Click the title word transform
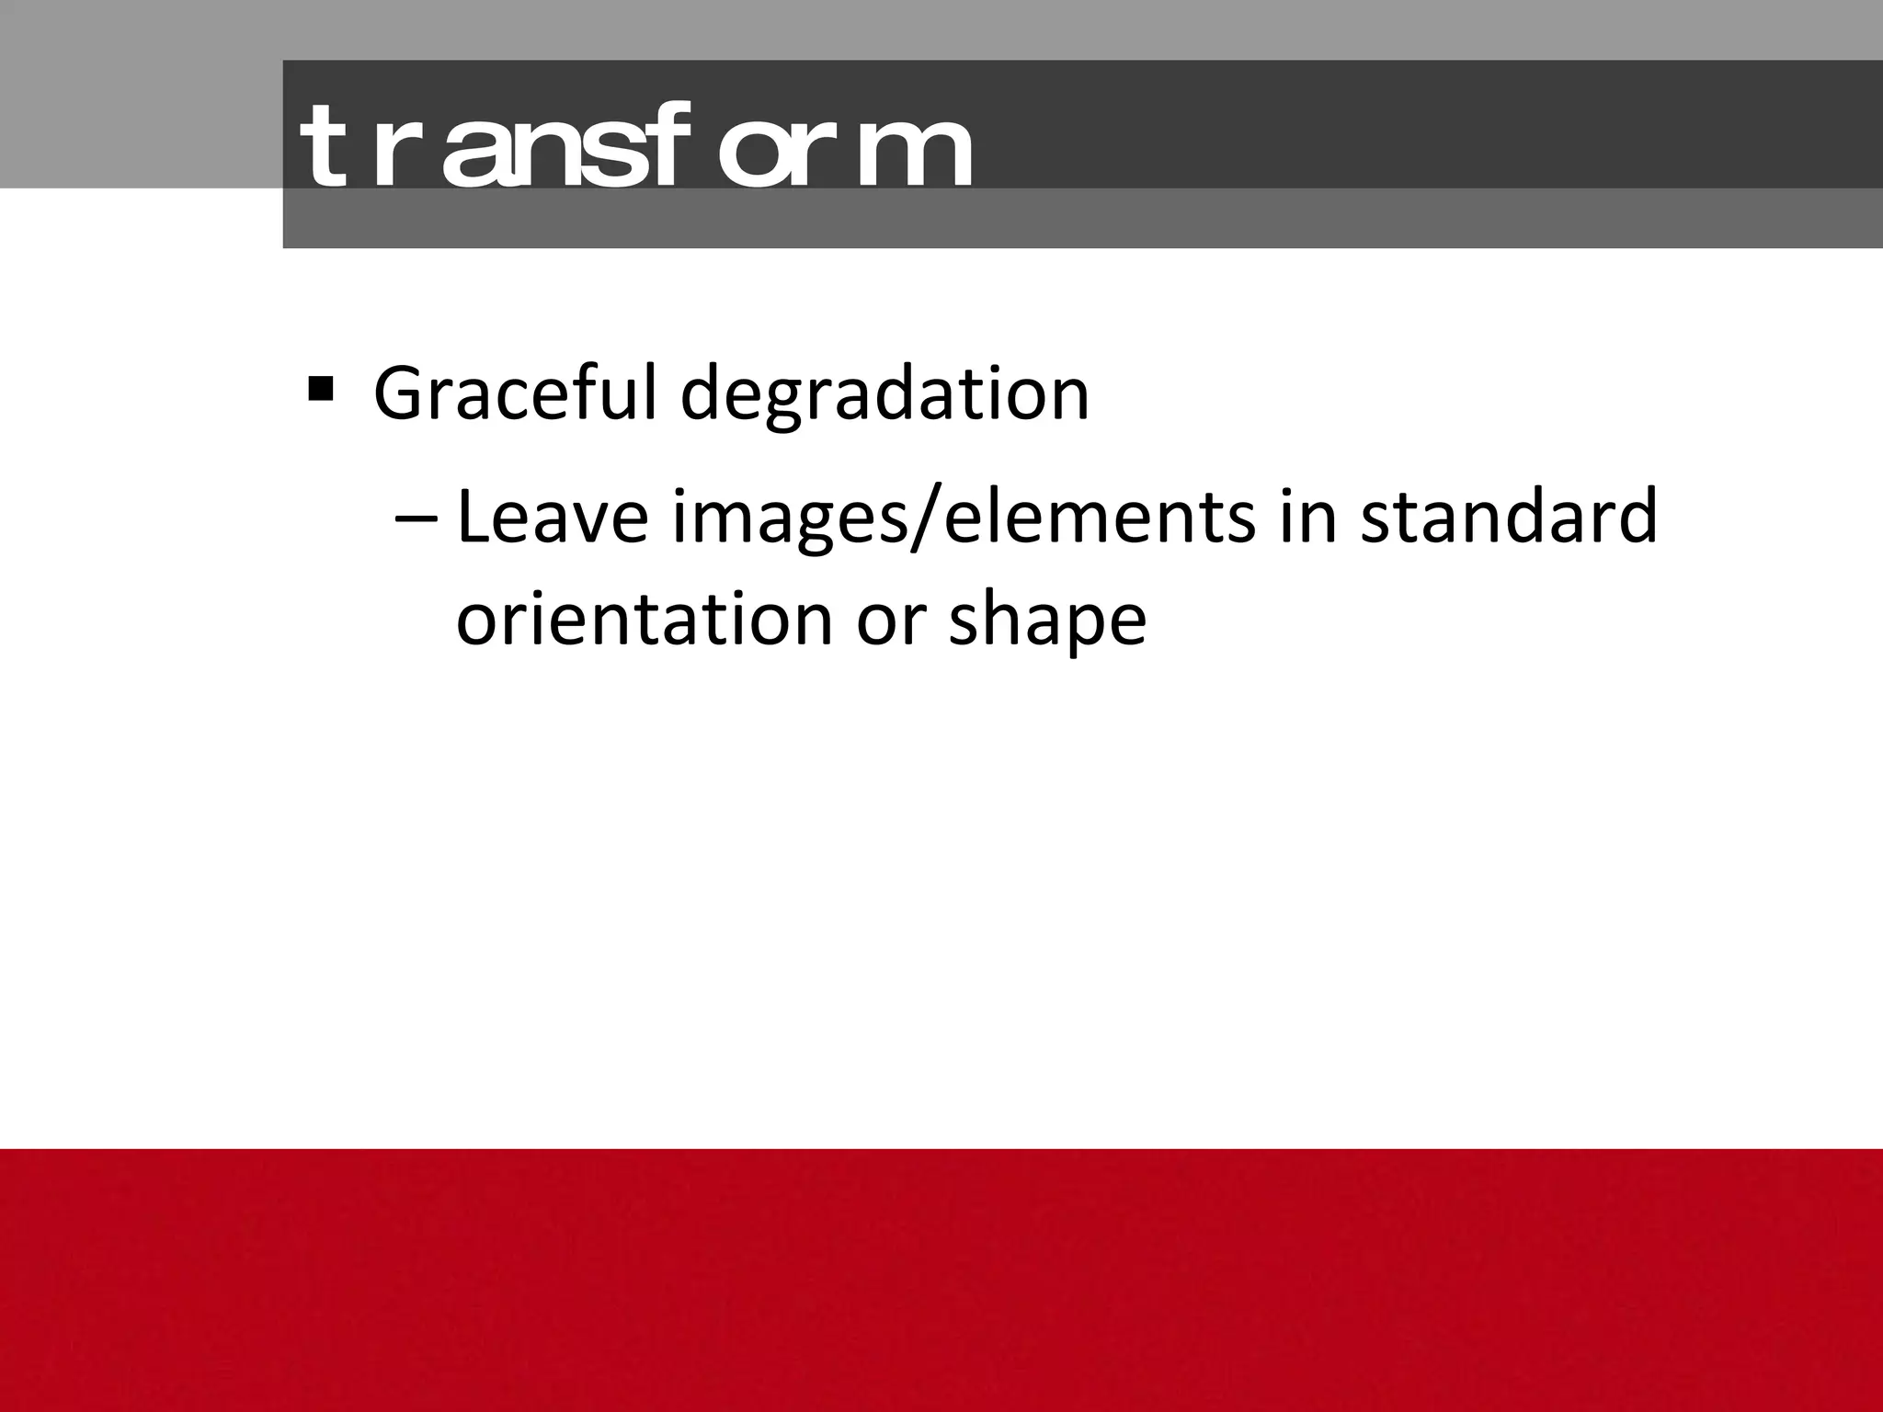(634, 147)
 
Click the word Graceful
(515, 393)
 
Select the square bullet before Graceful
(321, 390)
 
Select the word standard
(1508, 518)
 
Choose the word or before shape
(888, 621)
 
